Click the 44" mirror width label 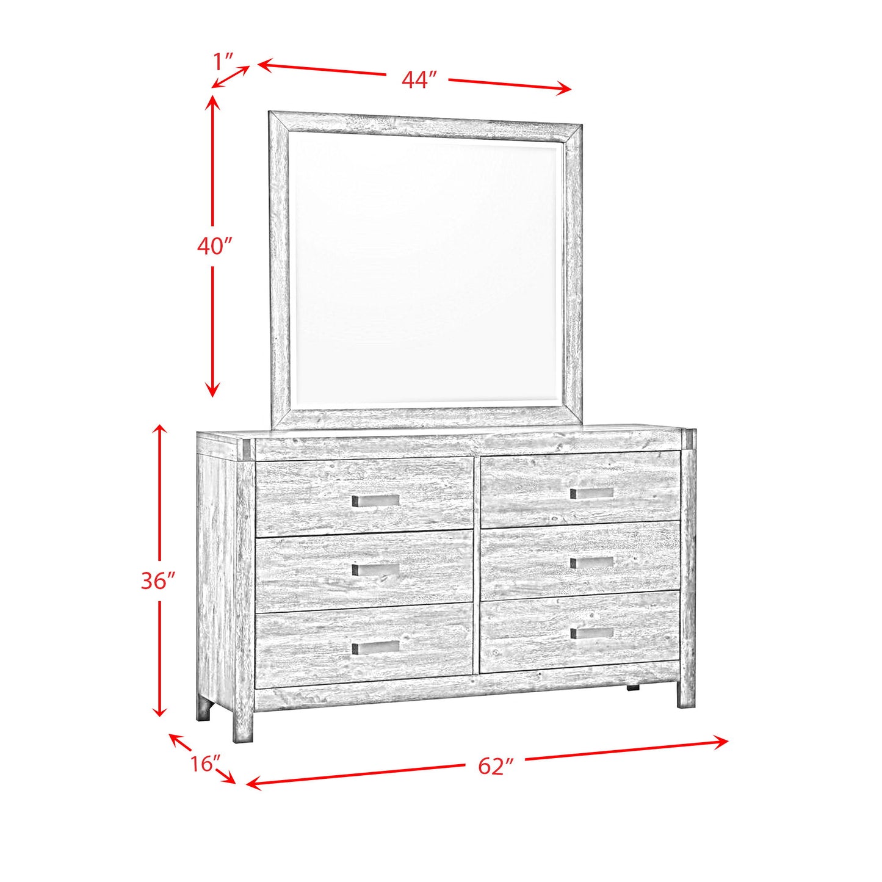tap(419, 80)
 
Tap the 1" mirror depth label tap(223, 61)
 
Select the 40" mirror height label tap(215, 246)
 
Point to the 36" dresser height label tap(158, 580)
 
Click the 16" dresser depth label tap(204, 763)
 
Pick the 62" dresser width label tap(496, 766)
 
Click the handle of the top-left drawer tap(375, 501)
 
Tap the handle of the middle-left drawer tap(375, 569)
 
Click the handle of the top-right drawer tap(591, 493)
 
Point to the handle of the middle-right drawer tap(591, 562)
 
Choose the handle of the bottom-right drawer tap(591, 633)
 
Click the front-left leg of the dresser tap(243, 726)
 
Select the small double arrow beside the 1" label tap(231, 76)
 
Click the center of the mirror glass tap(426, 269)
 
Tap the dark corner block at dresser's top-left tap(247, 449)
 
